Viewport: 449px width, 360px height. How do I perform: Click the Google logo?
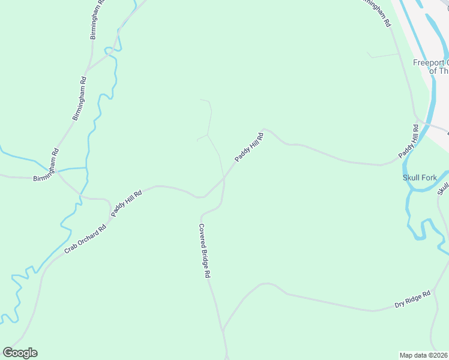(x=20, y=353)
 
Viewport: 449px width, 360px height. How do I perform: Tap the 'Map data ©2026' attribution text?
(x=424, y=355)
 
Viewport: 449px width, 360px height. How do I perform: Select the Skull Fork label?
(x=420, y=178)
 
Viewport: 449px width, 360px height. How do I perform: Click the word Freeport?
(x=427, y=62)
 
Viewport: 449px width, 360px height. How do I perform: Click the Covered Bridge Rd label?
(x=205, y=250)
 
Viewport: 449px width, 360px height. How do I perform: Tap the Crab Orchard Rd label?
(x=85, y=238)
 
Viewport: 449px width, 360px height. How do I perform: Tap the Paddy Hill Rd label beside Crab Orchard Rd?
(x=126, y=203)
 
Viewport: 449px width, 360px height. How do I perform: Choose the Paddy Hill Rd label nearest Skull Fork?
(x=408, y=142)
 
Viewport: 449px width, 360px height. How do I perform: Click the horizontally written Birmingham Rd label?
(x=45, y=178)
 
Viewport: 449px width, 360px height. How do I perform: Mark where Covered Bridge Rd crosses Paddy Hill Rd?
(x=224, y=178)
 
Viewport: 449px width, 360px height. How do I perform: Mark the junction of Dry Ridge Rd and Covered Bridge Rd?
(x=223, y=329)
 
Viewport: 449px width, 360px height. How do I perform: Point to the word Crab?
(x=70, y=248)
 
